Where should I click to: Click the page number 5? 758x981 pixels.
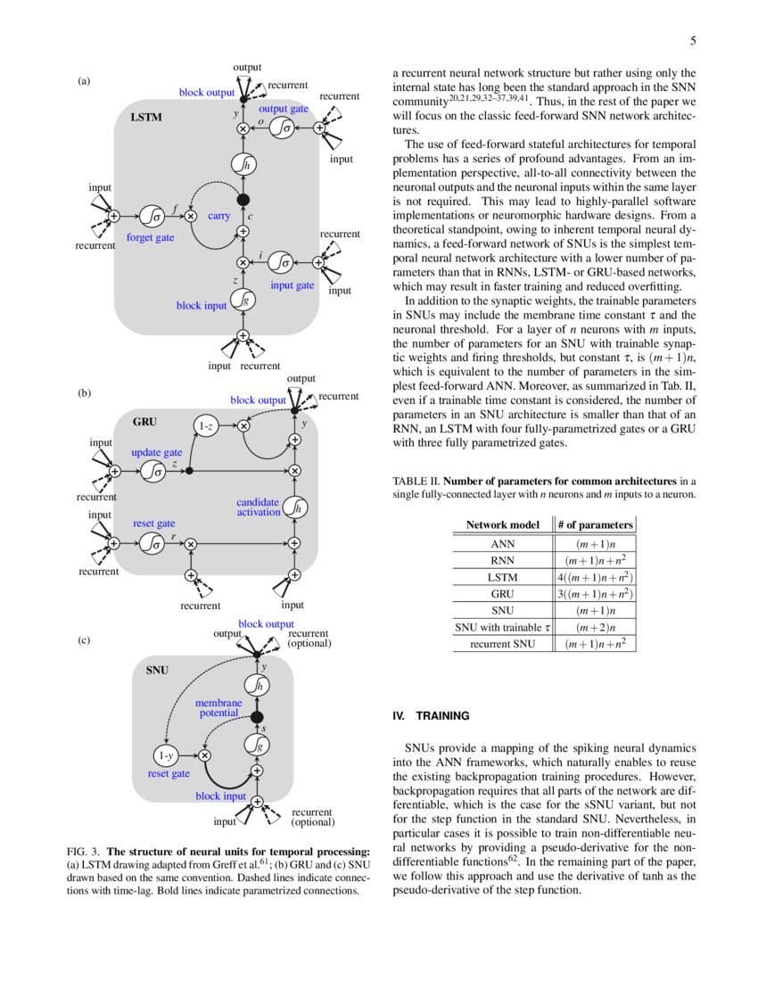coord(693,41)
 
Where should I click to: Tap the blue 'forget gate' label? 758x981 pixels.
coord(150,238)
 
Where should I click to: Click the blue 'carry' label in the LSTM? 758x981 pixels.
coord(219,216)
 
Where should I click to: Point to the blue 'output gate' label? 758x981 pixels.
coord(283,108)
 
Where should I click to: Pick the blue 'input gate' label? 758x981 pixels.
coord(292,284)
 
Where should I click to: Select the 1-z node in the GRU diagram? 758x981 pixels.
coord(206,426)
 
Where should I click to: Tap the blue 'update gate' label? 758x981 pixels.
coord(157,452)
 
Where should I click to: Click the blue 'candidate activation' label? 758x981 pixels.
coord(259,507)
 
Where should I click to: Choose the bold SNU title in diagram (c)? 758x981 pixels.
coord(157,668)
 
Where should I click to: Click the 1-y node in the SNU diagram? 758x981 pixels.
coord(166,755)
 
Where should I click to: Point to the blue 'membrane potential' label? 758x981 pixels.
coord(218,708)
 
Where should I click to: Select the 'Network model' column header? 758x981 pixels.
coord(502,524)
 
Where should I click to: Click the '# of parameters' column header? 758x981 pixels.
coord(595,524)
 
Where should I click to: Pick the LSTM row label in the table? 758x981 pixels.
coord(502,576)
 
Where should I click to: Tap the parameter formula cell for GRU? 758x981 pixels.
coord(595,593)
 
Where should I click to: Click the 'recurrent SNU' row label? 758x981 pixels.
coord(502,644)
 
